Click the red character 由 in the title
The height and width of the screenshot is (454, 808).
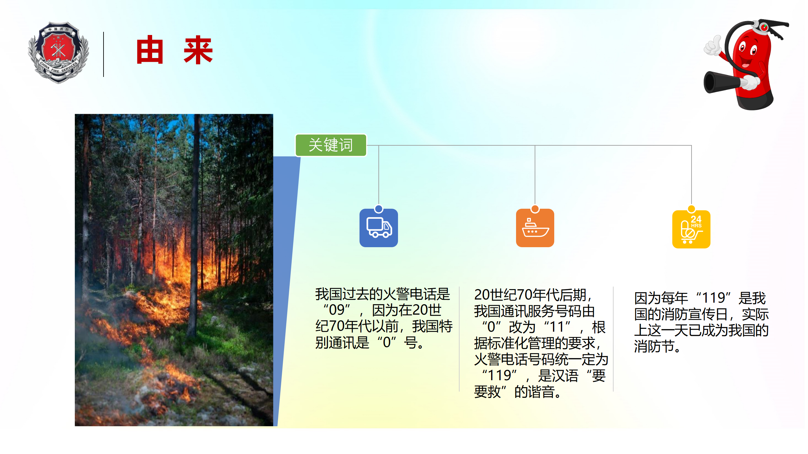pos(150,50)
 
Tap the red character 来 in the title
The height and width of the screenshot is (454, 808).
pos(198,50)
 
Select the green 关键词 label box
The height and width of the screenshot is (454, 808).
pos(331,145)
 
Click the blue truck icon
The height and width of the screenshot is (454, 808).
pos(378,228)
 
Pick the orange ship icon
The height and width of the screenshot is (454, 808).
pos(535,228)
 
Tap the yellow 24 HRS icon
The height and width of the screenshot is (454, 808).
pos(691,229)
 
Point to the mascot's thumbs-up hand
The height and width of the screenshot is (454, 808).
pos(713,45)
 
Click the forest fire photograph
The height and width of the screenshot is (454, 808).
pos(174,270)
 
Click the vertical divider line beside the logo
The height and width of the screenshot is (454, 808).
pos(104,54)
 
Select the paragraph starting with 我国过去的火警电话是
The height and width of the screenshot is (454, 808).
pos(384,318)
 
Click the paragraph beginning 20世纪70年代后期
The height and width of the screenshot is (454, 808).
pos(541,343)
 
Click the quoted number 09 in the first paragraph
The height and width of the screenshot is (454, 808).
pos(336,310)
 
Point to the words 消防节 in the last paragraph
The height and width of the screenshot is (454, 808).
pos(654,346)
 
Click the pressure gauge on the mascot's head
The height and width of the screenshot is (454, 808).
pos(763,27)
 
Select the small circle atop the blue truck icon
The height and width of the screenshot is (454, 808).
pos(378,209)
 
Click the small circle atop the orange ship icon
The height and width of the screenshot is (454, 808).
pos(535,209)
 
